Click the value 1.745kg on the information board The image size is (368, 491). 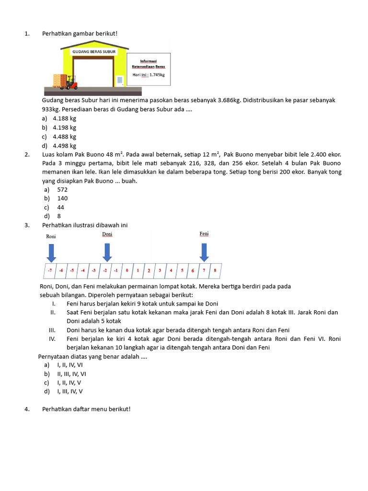click(155, 75)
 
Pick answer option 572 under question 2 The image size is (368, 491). click(62, 189)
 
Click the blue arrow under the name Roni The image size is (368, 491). click(51, 252)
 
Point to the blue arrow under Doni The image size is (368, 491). click(107, 252)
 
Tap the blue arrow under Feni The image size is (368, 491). click(204, 252)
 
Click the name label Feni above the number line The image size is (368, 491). click(204, 234)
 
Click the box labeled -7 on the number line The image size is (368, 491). click(50, 270)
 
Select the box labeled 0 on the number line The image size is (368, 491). click(127, 270)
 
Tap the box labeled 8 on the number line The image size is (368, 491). click(215, 270)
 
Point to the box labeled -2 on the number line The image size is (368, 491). click(105, 270)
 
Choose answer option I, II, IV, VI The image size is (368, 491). click(70, 364)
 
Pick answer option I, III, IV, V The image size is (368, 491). click(70, 391)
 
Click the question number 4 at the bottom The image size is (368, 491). click(26, 409)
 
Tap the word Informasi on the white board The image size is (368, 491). click(149, 61)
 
